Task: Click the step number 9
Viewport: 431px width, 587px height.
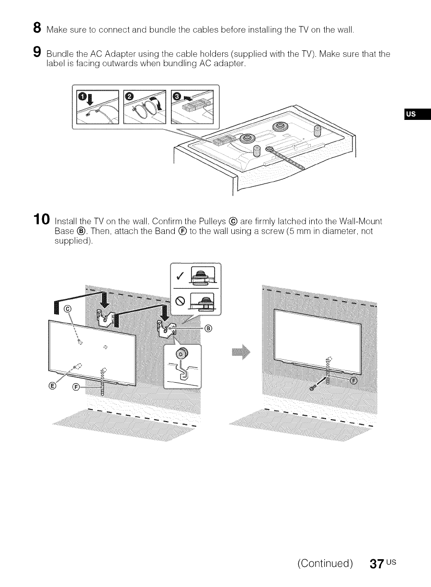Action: (x=37, y=55)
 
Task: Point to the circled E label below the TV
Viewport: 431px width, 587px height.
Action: (x=53, y=387)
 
